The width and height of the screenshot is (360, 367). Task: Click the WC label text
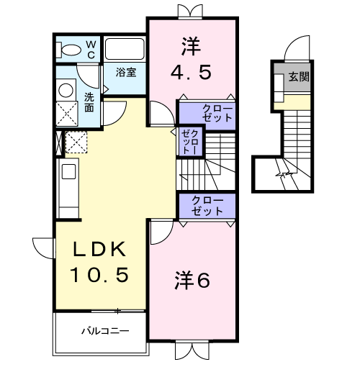click(x=91, y=49)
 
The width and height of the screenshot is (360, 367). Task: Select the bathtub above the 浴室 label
click(x=125, y=49)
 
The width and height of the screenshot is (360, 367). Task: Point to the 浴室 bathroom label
click(x=127, y=73)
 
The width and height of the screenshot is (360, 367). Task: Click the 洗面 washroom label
click(x=89, y=102)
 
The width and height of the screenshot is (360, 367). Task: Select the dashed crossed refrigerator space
click(x=76, y=142)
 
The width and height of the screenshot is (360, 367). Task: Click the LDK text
click(x=101, y=250)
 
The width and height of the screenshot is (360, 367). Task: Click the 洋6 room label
click(x=192, y=281)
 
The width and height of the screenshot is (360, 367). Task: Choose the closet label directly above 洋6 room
click(x=207, y=206)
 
